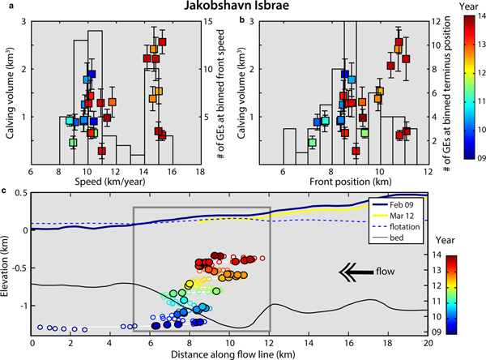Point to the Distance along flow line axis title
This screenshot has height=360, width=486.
(x=230, y=354)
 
